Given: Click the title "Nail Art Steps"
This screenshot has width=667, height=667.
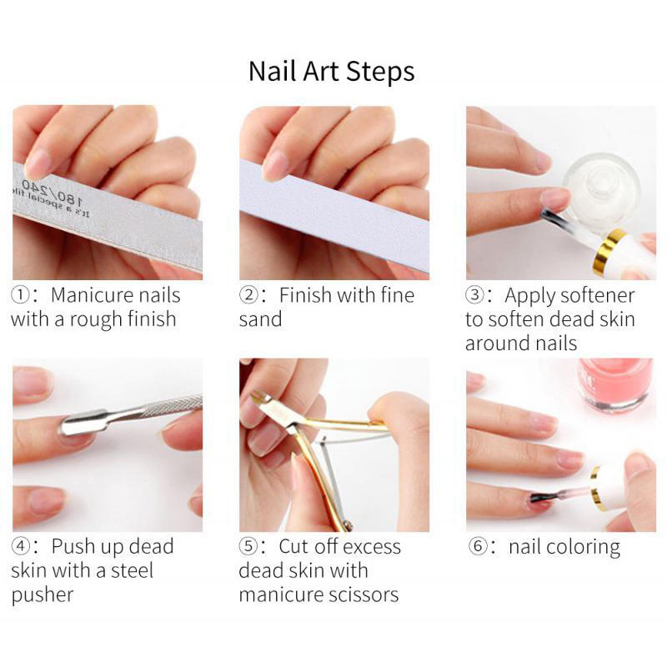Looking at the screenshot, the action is [331, 72].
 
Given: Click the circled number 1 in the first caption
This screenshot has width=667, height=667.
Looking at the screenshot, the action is [19, 295].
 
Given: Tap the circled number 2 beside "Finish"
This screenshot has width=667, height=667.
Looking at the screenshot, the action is [248, 295].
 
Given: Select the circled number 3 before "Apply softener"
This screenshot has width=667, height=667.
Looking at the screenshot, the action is [474, 295].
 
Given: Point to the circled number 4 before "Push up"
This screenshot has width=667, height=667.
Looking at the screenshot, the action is [19, 546].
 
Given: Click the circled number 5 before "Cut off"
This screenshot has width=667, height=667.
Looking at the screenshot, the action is [248, 546].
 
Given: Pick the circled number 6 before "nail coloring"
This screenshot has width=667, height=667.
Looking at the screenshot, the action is [477, 546].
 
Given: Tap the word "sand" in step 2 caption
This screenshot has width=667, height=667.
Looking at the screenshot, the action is [260, 319].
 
